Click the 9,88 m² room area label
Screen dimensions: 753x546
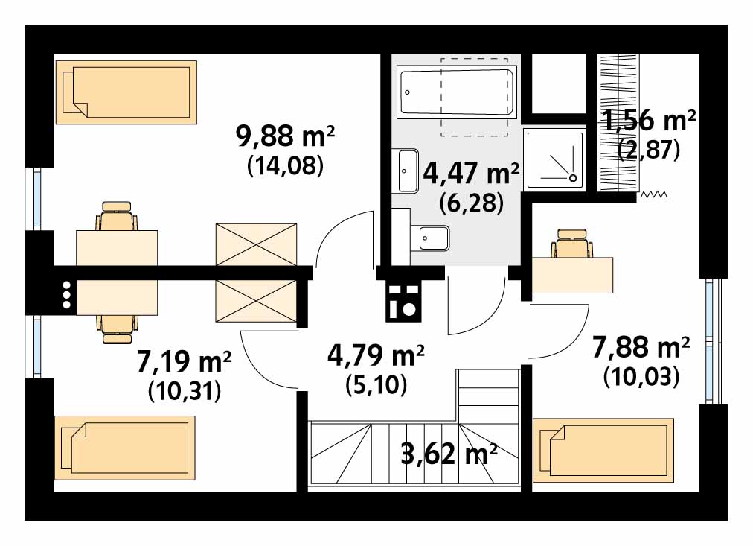click(285, 137)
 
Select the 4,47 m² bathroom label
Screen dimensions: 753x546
click(471, 174)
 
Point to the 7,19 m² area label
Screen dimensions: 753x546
click(185, 361)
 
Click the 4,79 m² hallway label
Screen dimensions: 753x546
click(376, 355)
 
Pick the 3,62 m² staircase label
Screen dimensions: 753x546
click(449, 454)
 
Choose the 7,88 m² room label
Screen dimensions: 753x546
click(641, 347)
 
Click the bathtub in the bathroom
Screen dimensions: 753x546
click(456, 93)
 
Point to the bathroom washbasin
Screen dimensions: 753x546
click(407, 171)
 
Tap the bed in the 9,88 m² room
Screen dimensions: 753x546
click(126, 92)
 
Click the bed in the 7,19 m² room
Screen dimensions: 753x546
click(125, 448)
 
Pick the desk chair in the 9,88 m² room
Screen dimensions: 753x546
click(117, 216)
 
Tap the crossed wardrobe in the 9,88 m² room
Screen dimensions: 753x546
click(257, 244)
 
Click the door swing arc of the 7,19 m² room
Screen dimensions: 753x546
click(260, 364)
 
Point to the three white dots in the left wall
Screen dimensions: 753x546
click(66, 295)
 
